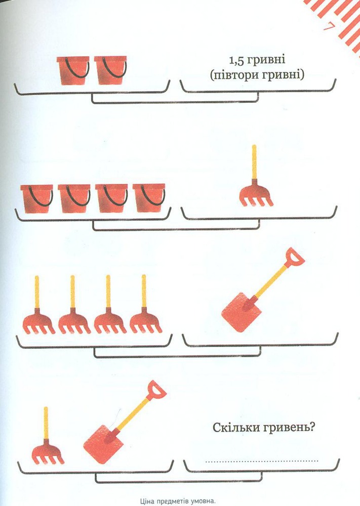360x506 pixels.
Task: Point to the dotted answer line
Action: click(x=262, y=461)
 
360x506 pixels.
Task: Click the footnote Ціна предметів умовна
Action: click(x=178, y=501)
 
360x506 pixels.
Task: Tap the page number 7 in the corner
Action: click(x=328, y=27)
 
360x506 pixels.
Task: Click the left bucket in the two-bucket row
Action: click(x=73, y=71)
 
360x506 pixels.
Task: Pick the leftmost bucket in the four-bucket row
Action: click(x=37, y=199)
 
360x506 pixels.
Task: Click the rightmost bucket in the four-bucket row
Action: click(x=149, y=198)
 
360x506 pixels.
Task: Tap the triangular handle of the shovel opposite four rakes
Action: click(x=295, y=257)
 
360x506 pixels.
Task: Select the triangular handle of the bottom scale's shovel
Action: click(x=156, y=390)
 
